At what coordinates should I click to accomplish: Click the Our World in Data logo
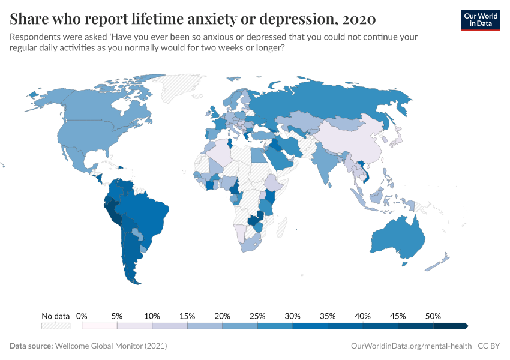[480, 19]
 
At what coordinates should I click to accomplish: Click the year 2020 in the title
[358, 19]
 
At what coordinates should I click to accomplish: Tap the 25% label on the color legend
[257, 316]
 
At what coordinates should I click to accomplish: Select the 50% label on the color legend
[433, 316]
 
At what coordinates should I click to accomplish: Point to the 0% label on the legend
[82, 316]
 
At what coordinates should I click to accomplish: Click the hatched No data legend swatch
[55, 326]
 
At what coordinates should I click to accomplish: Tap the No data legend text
[55, 316]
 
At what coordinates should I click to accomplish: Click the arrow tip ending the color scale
[466, 326]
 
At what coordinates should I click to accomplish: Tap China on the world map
[348, 144]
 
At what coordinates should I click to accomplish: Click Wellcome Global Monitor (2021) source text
[111, 346]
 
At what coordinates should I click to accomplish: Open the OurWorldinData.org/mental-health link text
[411, 346]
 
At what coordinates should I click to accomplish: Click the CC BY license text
[489, 346]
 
